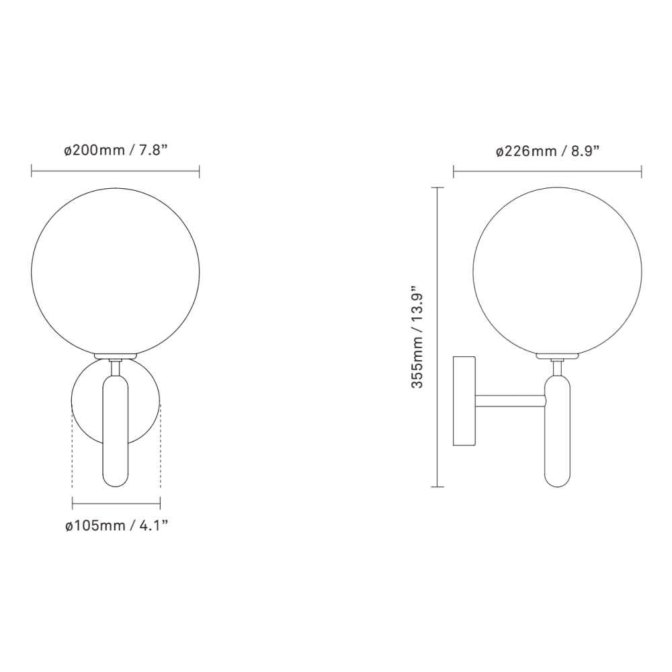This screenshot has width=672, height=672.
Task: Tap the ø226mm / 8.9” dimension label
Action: click(x=548, y=151)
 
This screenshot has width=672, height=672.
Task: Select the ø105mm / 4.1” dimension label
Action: click(x=116, y=525)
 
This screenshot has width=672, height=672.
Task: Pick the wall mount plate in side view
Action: click(x=464, y=401)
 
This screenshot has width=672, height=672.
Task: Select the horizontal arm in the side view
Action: click(x=511, y=401)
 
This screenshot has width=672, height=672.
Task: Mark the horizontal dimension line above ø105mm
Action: click(x=116, y=501)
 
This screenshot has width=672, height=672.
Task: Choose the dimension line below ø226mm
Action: click(x=548, y=173)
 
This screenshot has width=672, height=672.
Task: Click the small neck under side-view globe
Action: click(x=556, y=366)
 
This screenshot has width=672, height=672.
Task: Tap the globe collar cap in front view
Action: click(x=116, y=356)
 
